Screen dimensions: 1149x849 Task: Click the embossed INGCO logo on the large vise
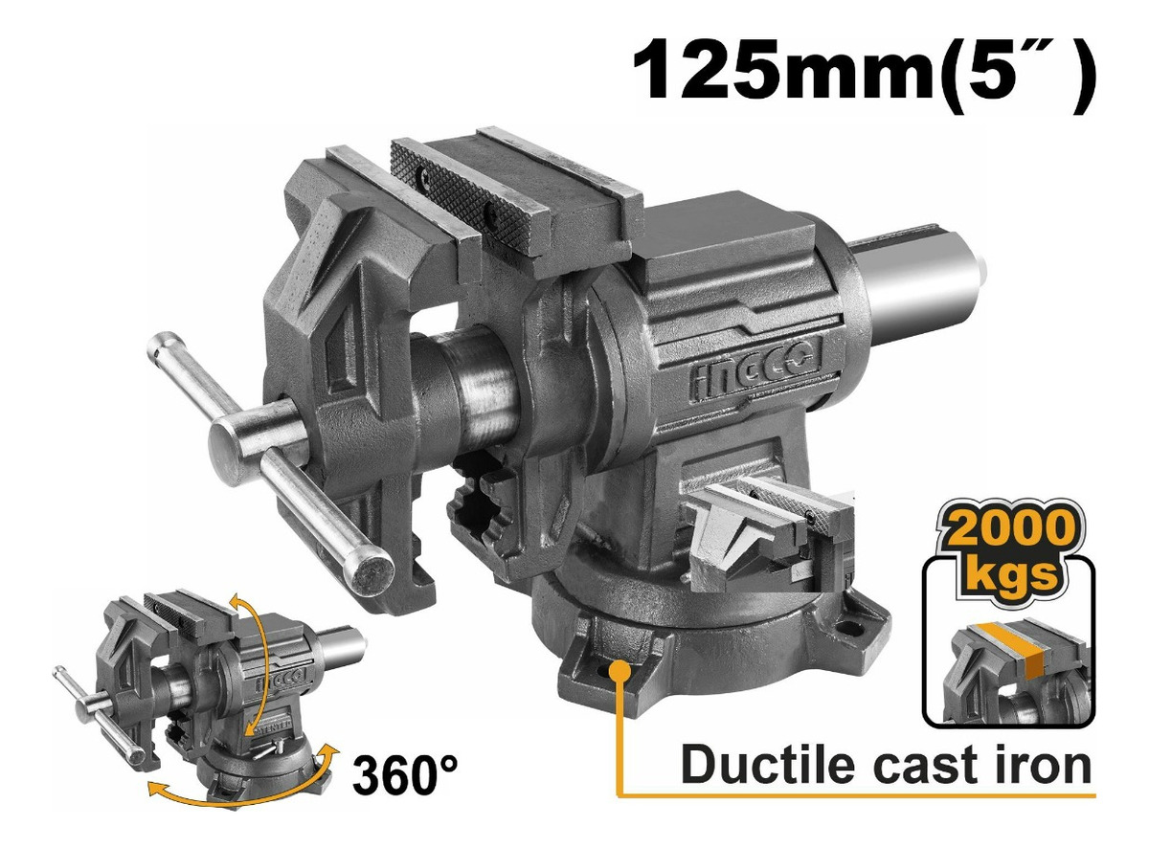(755, 368)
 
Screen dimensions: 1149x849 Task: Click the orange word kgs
(1009, 573)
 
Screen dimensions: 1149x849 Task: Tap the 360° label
(406, 775)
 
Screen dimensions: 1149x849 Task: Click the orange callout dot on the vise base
(620, 671)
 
